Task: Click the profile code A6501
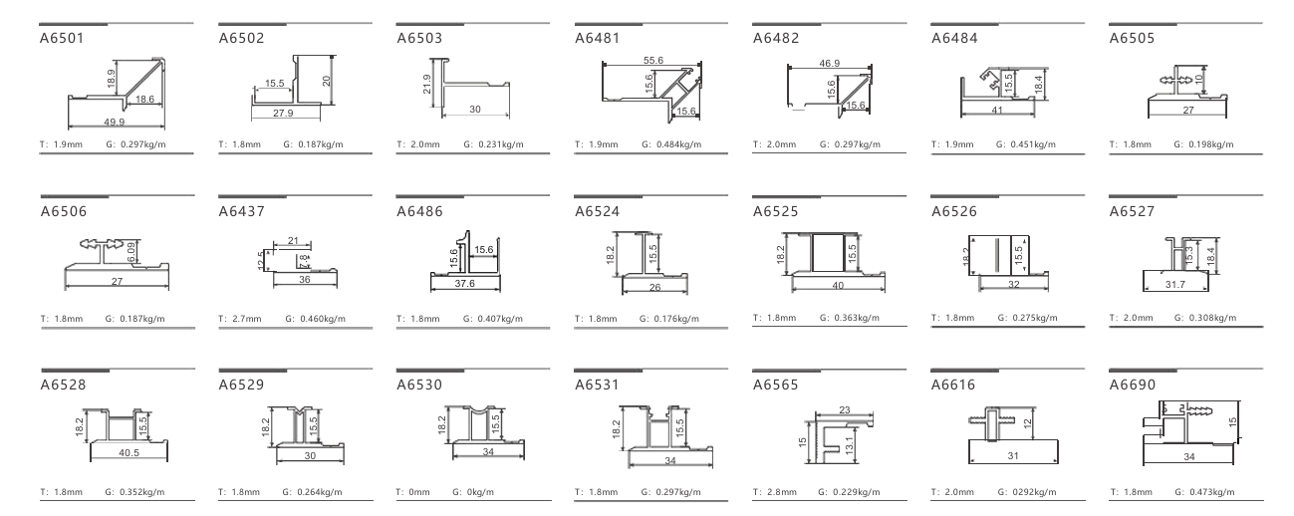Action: point(63,39)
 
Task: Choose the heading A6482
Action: point(776,39)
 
